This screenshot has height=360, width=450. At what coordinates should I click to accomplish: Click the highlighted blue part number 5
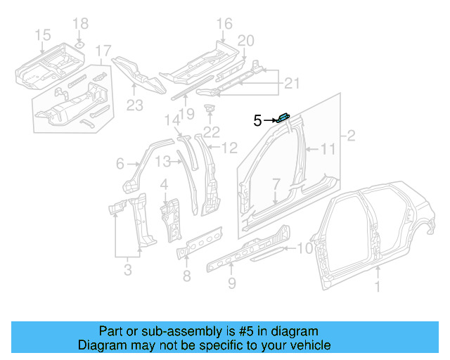pos(285,117)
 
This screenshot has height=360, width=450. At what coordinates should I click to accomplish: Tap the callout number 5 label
pos(257,121)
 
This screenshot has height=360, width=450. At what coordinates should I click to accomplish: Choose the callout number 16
pos(224,25)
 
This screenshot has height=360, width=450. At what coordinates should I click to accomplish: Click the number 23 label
pos(134,105)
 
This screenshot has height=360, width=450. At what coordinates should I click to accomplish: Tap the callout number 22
pos(212,131)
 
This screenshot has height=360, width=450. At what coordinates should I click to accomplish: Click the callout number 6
pos(121,164)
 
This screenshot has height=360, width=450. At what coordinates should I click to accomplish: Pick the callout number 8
pos(186,276)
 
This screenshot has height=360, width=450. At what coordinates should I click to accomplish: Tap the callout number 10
pos(304,247)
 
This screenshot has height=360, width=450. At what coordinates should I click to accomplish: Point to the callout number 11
pos(328,149)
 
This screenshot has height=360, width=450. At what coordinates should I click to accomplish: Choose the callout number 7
pos(276,184)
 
